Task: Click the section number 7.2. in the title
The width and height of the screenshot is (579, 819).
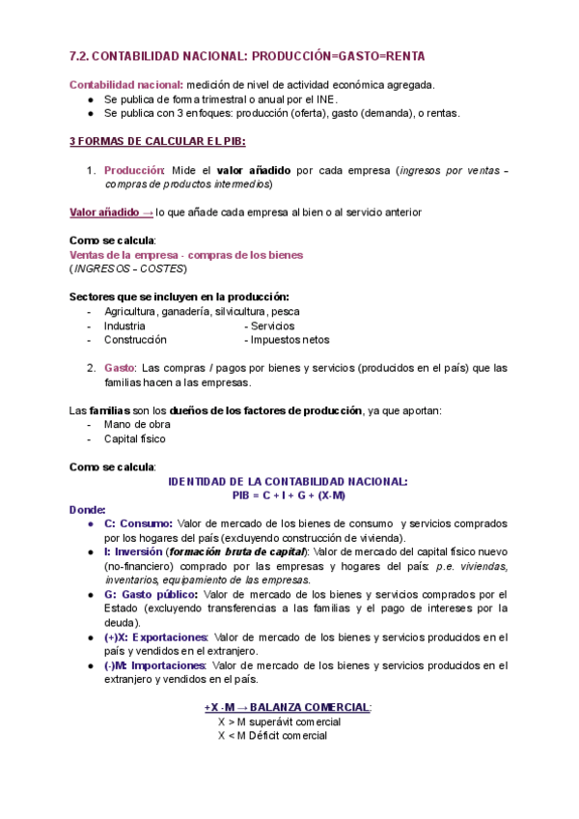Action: [x=84, y=57]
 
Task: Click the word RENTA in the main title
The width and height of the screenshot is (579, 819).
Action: [x=398, y=57]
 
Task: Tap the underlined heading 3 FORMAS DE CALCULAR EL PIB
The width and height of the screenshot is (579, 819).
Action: [x=157, y=141]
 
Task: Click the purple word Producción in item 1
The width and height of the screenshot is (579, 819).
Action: [x=134, y=170]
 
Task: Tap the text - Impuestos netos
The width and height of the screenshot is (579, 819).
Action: [x=287, y=340]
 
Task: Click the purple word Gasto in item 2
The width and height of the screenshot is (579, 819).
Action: [x=120, y=368]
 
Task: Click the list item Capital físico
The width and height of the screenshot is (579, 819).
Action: [x=135, y=438]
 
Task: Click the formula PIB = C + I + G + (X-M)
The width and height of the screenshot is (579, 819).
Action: [x=289, y=495]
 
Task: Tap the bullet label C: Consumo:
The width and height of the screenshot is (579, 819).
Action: [x=139, y=523]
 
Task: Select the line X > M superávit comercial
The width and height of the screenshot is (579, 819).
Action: [x=279, y=722]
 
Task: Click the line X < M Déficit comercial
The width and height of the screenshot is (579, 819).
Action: [x=272, y=736]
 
